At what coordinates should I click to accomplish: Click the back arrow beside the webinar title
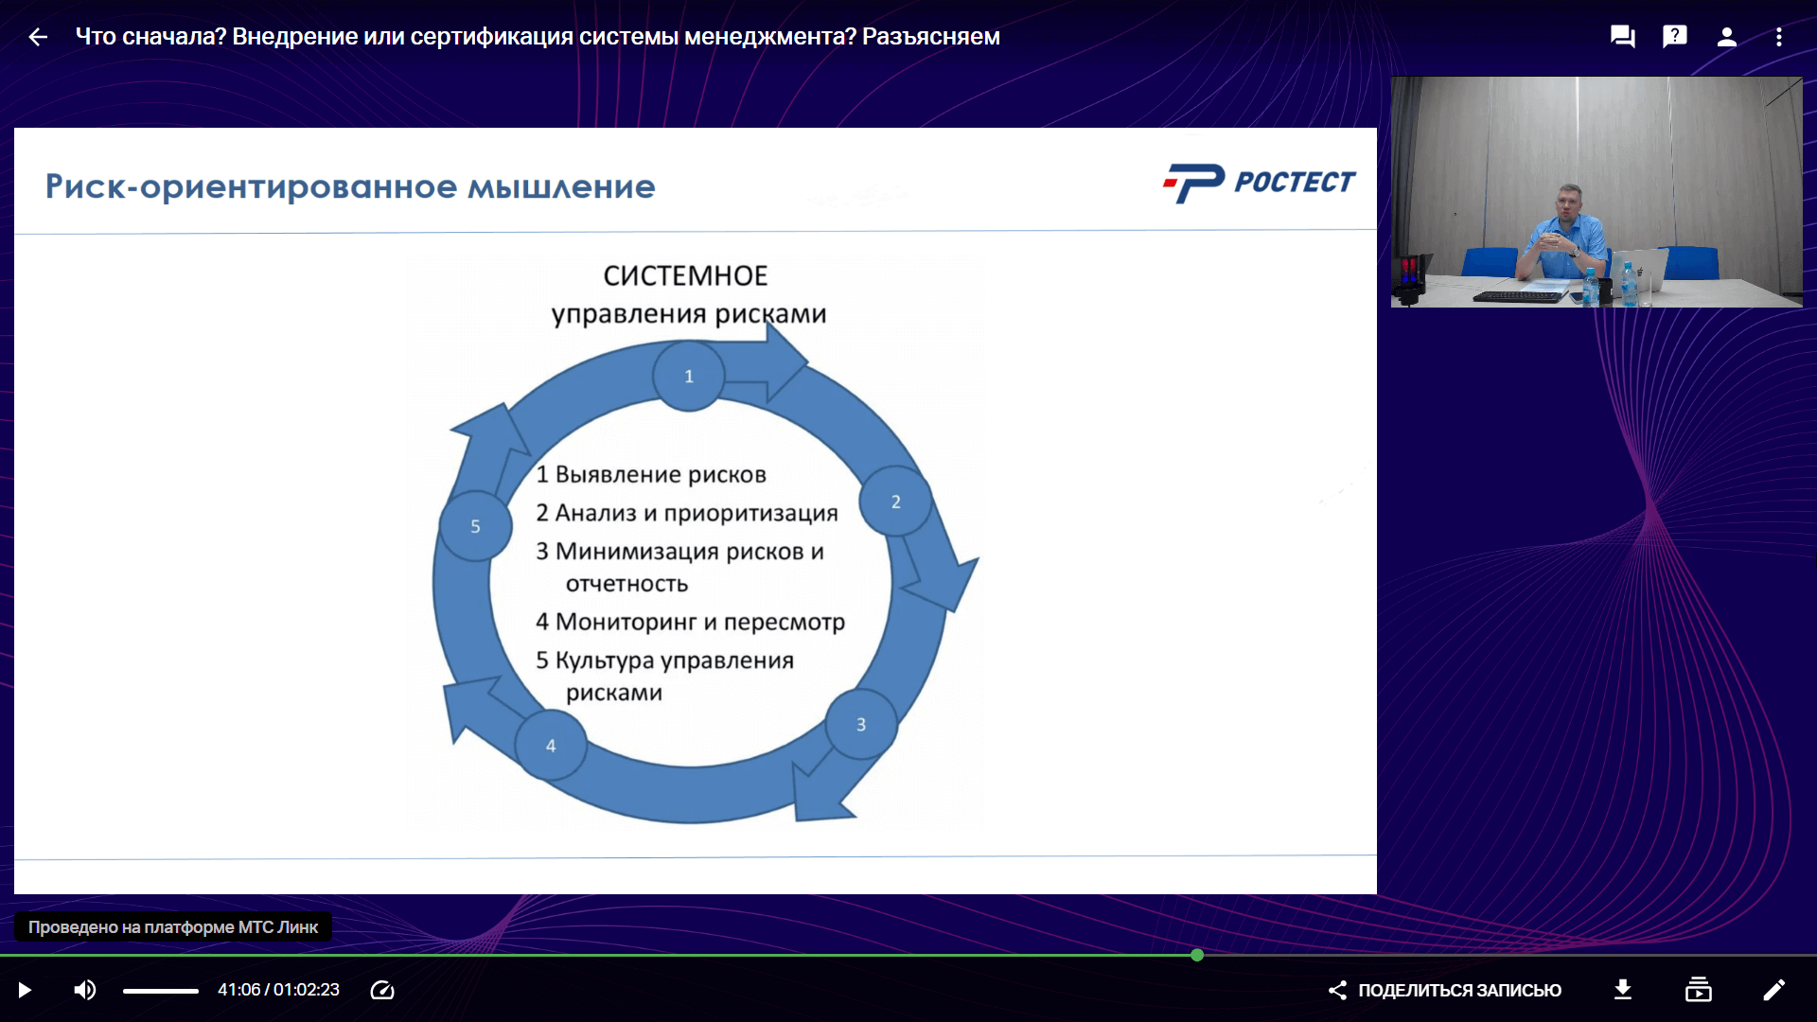click(38, 37)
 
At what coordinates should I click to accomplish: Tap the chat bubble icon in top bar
click(1623, 37)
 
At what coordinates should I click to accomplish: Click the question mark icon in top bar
click(1675, 37)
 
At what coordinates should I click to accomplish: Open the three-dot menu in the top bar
click(1779, 37)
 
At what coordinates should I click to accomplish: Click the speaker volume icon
click(85, 990)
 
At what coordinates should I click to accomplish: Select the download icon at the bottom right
click(1623, 990)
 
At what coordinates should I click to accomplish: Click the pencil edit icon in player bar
click(1774, 990)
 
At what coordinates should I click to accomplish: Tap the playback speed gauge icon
click(382, 990)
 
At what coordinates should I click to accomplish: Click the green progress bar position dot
click(1197, 956)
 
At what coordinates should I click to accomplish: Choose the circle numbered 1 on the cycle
click(689, 376)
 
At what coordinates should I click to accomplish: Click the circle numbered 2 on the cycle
click(895, 502)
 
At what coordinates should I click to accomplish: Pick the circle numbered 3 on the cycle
click(861, 724)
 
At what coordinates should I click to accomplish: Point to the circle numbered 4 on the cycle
click(551, 746)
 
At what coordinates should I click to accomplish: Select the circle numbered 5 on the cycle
click(475, 526)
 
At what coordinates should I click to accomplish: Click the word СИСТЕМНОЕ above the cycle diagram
click(686, 276)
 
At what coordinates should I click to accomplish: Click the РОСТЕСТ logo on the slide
click(1260, 183)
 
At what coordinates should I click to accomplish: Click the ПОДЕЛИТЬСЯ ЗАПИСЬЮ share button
click(1445, 990)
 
